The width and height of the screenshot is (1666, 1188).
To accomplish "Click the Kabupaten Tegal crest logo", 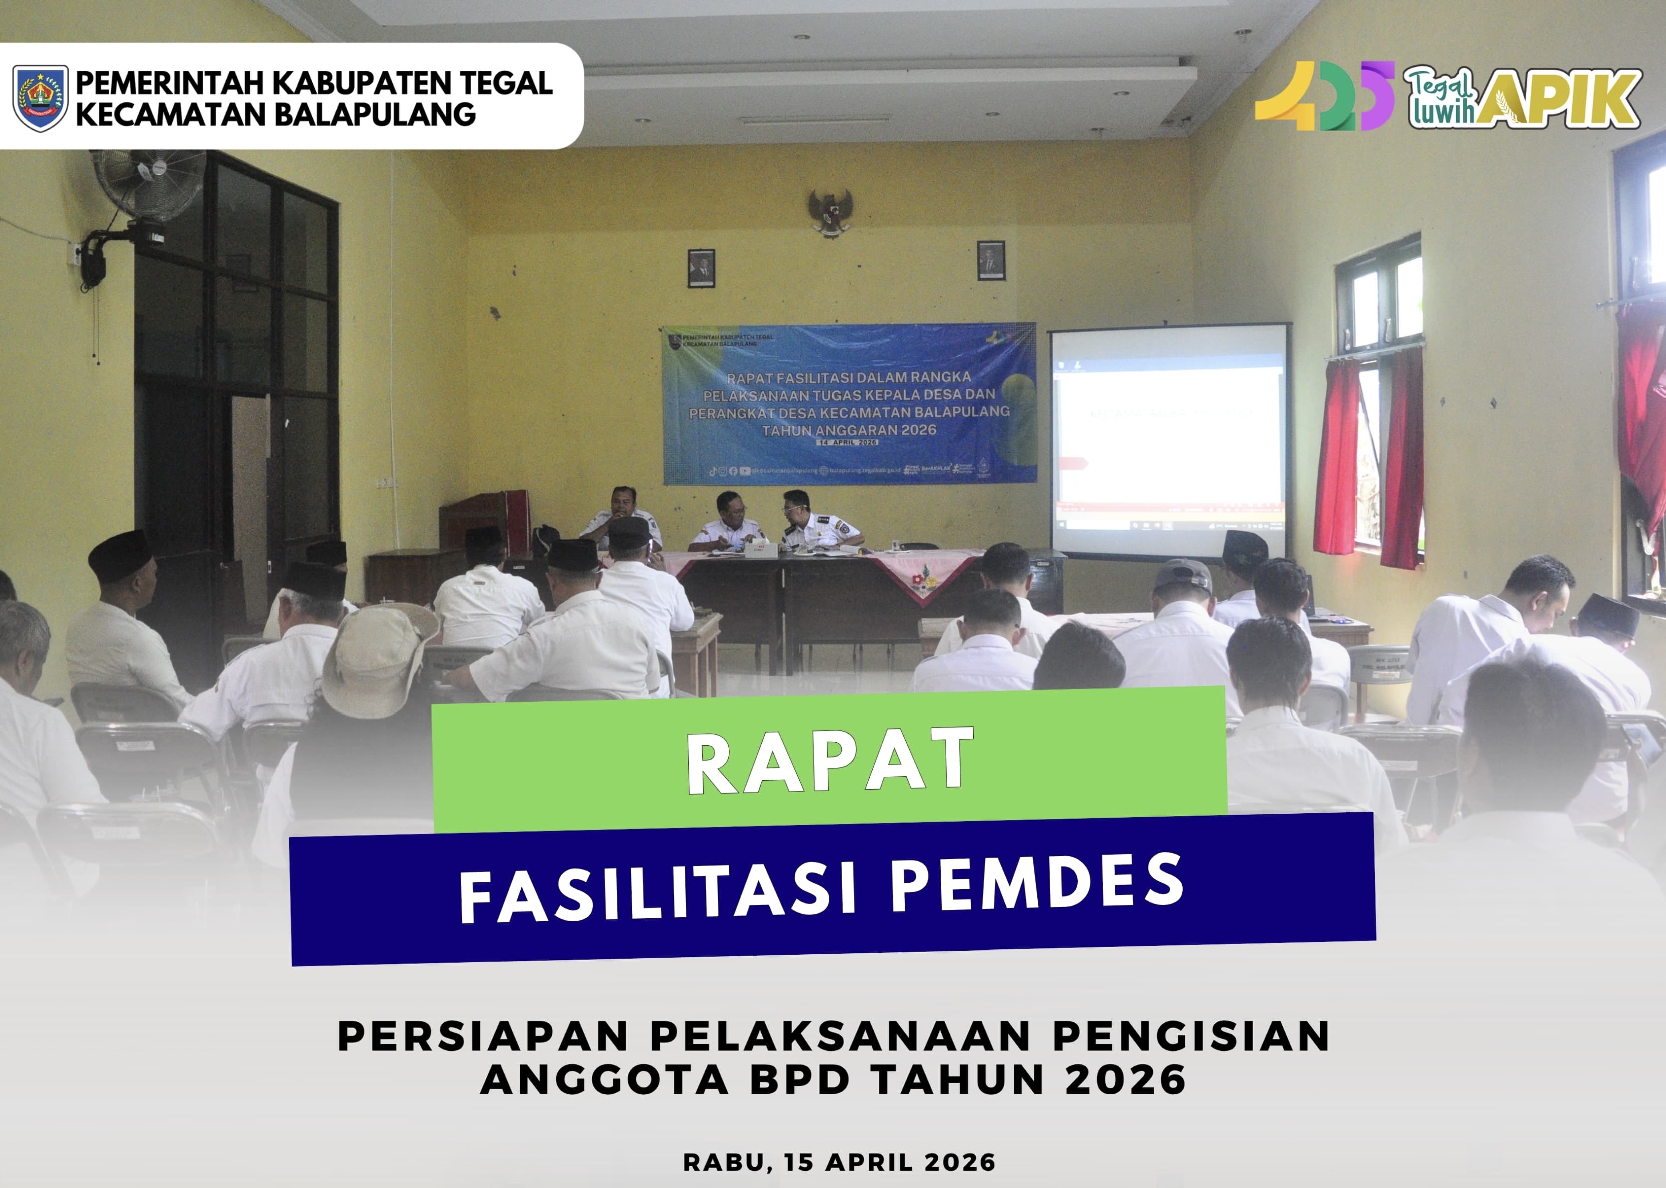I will (40, 97).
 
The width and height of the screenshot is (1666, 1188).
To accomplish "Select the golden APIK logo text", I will (1566, 99).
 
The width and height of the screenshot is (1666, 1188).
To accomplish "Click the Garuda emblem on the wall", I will (831, 212).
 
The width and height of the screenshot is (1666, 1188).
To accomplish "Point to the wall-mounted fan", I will (148, 186).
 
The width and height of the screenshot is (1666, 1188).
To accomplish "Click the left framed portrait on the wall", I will (701, 268).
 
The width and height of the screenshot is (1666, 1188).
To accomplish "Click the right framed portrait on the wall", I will (991, 261).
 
